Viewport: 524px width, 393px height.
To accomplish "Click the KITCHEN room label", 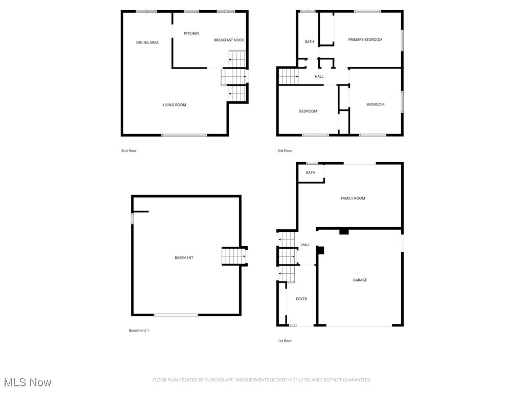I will click(191, 34).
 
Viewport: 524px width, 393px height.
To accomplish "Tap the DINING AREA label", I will click(147, 42).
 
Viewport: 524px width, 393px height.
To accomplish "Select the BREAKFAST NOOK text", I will click(229, 40).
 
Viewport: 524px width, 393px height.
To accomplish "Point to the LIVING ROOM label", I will click(174, 105).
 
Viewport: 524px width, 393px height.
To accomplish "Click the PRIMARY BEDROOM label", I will click(365, 39).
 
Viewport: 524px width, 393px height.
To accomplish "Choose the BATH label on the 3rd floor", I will click(310, 42).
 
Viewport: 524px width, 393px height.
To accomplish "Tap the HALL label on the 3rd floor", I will click(319, 77).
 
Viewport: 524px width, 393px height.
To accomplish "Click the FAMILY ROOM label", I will click(353, 198).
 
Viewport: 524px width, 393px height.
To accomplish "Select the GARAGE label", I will click(360, 280).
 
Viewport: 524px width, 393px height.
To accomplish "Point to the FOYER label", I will click(301, 299).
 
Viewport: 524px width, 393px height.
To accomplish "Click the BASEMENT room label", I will click(184, 258).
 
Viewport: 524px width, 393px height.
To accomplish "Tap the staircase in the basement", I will click(234, 256).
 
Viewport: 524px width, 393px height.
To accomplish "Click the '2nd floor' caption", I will click(129, 151).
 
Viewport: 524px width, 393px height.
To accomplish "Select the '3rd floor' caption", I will click(285, 151).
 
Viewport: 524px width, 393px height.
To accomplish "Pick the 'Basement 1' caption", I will click(139, 331).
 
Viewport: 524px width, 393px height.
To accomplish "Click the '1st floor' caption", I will click(285, 341).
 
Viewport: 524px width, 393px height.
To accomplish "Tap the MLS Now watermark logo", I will click(28, 382).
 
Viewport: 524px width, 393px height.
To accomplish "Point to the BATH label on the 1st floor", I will click(311, 172).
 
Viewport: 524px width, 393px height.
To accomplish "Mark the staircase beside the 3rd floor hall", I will click(289, 77).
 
